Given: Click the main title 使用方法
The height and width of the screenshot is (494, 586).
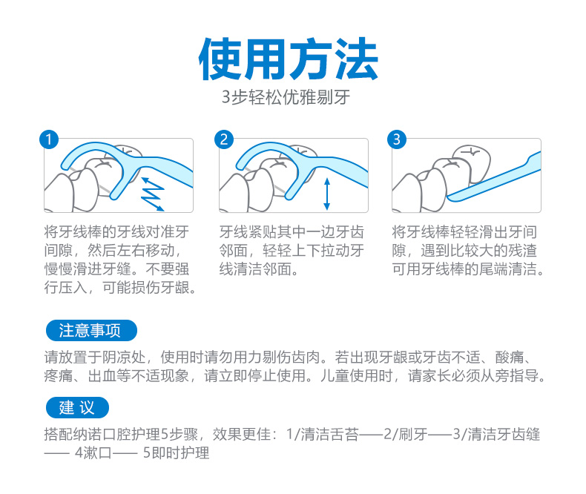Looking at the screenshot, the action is click(x=289, y=59).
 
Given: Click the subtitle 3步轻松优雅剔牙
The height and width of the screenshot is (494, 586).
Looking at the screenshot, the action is click(x=286, y=97).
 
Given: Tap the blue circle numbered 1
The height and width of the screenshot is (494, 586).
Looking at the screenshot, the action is click(x=49, y=139).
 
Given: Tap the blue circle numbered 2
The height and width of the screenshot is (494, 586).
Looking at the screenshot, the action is click(x=224, y=139).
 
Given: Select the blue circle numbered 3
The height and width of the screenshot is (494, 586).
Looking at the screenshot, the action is click(x=397, y=139).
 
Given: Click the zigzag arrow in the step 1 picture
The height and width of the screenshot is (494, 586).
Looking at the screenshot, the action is click(x=153, y=194).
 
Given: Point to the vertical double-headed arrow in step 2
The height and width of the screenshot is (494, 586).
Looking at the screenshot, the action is click(x=327, y=194).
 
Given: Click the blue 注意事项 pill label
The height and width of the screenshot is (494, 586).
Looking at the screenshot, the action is click(x=91, y=330).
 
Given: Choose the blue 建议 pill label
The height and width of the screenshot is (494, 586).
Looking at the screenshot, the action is click(x=77, y=407).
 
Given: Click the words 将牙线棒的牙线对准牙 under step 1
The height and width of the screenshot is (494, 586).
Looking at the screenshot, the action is click(x=116, y=232).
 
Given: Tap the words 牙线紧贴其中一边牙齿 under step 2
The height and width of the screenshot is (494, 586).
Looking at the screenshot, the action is click(x=292, y=232).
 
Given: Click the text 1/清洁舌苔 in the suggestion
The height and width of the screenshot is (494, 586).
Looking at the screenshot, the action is click(x=323, y=434).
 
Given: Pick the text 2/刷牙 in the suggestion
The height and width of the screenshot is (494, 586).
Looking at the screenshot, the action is click(x=406, y=434).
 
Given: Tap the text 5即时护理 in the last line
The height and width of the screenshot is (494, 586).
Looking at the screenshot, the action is click(x=176, y=453).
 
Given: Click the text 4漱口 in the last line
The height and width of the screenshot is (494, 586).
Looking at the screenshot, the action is click(x=93, y=453).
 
